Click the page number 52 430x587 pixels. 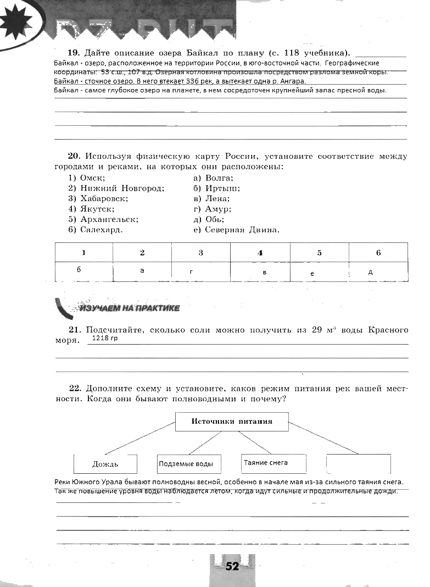[x=232, y=567]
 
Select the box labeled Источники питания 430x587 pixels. [x=232, y=422]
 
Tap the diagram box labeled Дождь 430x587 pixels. [x=105, y=464]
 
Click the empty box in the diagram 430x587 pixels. [x=358, y=464]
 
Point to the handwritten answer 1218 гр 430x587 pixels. [x=105, y=339]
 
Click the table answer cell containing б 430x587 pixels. [x=84, y=270]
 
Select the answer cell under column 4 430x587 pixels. [x=260, y=272]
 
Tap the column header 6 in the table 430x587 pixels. [x=378, y=253]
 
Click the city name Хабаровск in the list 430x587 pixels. [x=104, y=198]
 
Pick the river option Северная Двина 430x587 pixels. [x=242, y=230]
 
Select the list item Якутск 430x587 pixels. [x=97, y=209]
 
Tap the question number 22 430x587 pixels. [x=75, y=388]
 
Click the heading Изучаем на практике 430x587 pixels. [x=130, y=308]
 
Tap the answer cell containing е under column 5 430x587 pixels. [x=319, y=272]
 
